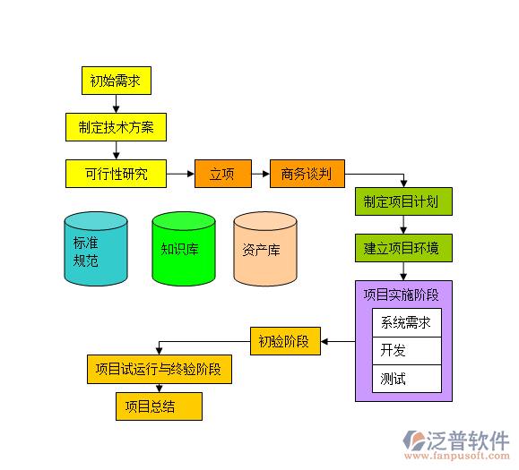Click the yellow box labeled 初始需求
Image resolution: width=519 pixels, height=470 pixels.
coord(116,81)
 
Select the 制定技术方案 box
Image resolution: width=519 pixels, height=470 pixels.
coord(116,127)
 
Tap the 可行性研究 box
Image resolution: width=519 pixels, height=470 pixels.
coord(116,174)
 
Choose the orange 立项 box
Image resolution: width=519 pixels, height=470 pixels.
coord(222,174)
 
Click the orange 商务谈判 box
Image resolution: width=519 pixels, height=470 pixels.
coord(307,174)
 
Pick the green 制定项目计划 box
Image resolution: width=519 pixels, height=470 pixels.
coord(402,201)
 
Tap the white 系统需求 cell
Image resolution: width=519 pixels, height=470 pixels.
coord(406,323)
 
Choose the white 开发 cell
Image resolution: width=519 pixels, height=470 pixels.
coord(406,350)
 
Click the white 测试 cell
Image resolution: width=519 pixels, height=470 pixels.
coord(406,378)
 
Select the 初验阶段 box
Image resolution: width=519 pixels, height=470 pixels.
coord(284,341)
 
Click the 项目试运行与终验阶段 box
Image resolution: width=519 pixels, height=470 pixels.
coord(159,369)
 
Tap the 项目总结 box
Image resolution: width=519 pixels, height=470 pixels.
coord(159,406)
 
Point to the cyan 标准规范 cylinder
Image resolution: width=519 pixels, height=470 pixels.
coord(95,250)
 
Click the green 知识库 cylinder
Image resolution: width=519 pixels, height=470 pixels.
coord(183,250)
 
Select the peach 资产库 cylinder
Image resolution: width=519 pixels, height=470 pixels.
coord(264,250)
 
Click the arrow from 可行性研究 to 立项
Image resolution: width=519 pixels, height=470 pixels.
coord(180,174)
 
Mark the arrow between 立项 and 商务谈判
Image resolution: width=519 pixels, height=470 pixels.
coord(260,174)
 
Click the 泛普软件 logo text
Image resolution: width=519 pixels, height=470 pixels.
coord(468,440)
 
